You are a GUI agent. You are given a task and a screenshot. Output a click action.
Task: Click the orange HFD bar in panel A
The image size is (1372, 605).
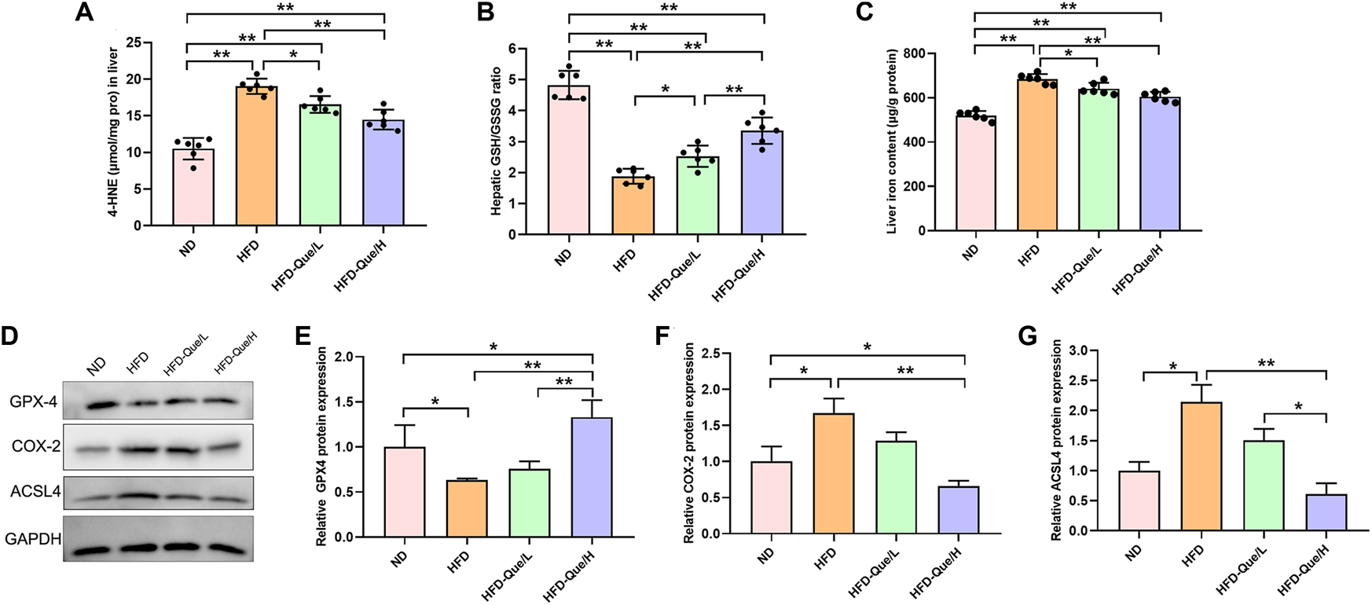pos(256,157)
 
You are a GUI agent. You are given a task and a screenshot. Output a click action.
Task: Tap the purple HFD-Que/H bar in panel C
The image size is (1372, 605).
pos(1160,165)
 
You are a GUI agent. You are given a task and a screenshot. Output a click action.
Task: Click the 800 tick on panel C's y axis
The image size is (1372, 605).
pos(923,53)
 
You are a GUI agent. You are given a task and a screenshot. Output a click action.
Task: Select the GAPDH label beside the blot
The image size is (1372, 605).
pos(33,539)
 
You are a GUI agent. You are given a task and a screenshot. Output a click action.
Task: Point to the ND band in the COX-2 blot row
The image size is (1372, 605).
pos(96,449)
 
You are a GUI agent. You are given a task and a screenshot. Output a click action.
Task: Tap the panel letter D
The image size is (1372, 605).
pos(10,335)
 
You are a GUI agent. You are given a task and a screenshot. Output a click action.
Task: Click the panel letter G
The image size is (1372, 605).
pos(1028,335)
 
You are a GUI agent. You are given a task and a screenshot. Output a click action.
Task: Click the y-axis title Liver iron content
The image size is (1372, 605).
pos(892,141)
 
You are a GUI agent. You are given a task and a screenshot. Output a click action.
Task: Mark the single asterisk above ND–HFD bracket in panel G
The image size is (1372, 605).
pos(1172,367)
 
